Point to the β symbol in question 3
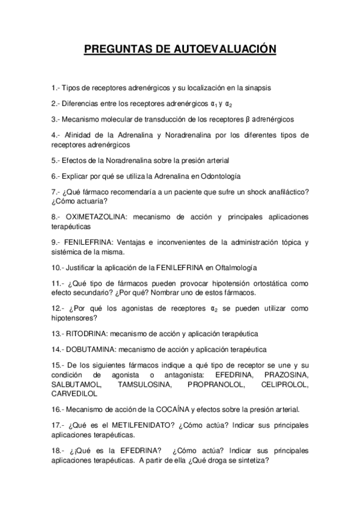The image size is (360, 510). (247, 119)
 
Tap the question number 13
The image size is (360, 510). (58, 334)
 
